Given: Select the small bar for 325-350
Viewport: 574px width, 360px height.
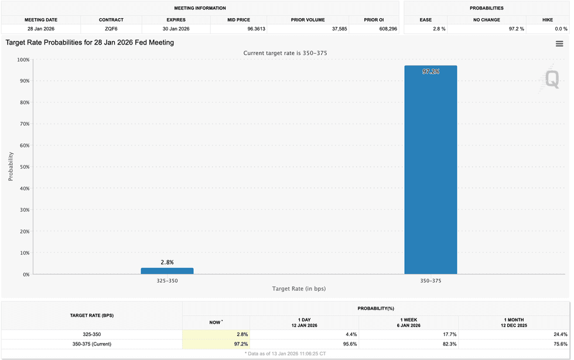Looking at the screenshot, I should [x=167, y=271].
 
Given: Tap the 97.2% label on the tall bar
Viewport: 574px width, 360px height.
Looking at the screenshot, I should [x=430, y=71].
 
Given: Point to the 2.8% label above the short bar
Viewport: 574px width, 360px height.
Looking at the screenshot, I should [x=167, y=262].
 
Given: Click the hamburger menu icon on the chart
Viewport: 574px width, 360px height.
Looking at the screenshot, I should [x=559, y=44].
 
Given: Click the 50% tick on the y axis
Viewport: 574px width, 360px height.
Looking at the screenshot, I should [x=23, y=167].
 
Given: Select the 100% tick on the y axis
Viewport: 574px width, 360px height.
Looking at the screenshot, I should [x=22, y=60].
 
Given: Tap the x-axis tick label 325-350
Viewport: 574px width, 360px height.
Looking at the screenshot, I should [x=167, y=280].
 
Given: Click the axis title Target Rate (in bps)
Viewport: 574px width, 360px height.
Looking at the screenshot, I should [x=299, y=289].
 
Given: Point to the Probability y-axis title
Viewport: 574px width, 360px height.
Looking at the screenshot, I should [x=11, y=167].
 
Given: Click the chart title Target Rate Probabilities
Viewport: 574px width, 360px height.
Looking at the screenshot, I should [x=90, y=43].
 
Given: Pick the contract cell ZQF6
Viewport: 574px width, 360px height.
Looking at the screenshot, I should [x=111, y=29].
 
